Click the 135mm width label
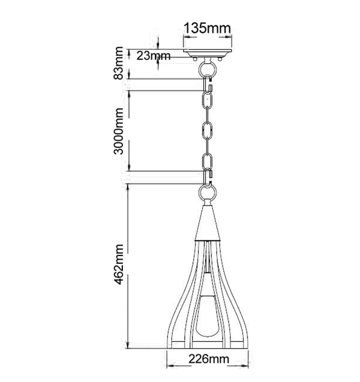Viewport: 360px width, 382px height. (207, 28)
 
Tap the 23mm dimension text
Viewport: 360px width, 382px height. (153, 56)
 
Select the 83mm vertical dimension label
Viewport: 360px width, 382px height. (120, 63)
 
